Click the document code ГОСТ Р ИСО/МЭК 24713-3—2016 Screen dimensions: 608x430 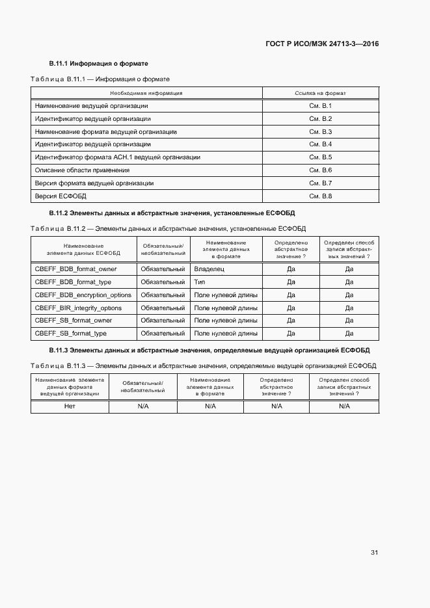coord(323,44)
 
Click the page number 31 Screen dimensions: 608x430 coord(374,552)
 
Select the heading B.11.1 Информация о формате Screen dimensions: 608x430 coord(99,64)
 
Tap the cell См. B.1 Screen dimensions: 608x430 coord(320,105)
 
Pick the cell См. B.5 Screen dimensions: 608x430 coord(320,157)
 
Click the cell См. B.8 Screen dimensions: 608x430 coord(320,196)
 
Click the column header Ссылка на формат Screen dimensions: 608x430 coord(320,93)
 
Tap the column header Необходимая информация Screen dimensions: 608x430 coord(146,93)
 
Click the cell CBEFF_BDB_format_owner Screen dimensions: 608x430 coord(75,269)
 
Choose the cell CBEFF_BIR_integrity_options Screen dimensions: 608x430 coord(78,308)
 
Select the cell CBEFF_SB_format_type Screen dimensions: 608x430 coord(71,334)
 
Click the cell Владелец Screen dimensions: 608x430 coord(209,269)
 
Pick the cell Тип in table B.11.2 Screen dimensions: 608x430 coord(200,282)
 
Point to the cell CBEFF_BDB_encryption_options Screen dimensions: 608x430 coord(83,295)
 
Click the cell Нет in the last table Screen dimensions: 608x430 coord(70,406)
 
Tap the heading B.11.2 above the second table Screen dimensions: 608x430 coord(172,213)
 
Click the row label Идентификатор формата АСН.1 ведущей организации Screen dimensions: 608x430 coord(117,157)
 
